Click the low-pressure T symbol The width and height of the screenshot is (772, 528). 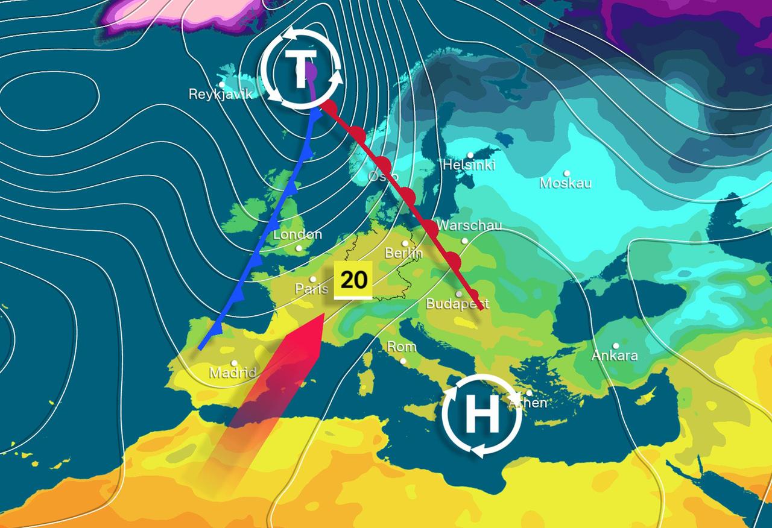click(x=300, y=71)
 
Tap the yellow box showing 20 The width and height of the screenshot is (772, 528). click(x=353, y=280)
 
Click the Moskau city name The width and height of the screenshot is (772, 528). click(x=565, y=183)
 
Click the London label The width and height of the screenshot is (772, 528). click(x=297, y=235)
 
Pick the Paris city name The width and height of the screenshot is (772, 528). click(x=311, y=289)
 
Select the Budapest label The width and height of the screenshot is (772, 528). click(x=457, y=304)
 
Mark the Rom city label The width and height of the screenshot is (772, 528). click(x=402, y=347)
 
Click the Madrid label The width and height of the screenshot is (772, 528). click(x=233, y=373)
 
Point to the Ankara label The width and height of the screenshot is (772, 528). click(x=614, y=356)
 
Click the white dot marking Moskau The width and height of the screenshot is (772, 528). click(x=567, y=174)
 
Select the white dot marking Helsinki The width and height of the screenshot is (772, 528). click(x=470, y=155)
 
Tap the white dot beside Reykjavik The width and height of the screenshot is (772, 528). click(x=222, y=85)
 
